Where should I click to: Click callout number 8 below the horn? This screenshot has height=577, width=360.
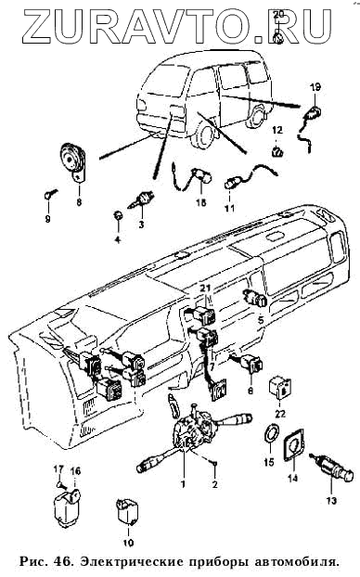click(79, 202)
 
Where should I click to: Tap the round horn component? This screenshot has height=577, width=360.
click(73, 160)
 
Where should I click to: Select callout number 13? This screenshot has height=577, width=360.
click(331, 500)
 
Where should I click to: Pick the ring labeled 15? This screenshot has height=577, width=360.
click(270, 434)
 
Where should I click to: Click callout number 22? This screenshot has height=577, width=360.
click(281, 414)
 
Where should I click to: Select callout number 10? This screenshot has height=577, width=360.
click(128, 543)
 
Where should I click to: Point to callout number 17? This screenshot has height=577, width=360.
click(58, 469)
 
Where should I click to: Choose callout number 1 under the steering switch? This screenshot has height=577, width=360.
click(183, 484)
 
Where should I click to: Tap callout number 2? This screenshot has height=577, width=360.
click(215, 484)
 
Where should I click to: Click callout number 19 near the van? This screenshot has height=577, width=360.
click(315, 87)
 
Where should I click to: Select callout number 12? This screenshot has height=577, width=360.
click(277, 130)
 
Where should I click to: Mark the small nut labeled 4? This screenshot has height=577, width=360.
click(118, 216)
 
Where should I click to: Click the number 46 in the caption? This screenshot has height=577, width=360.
click(62, 562)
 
